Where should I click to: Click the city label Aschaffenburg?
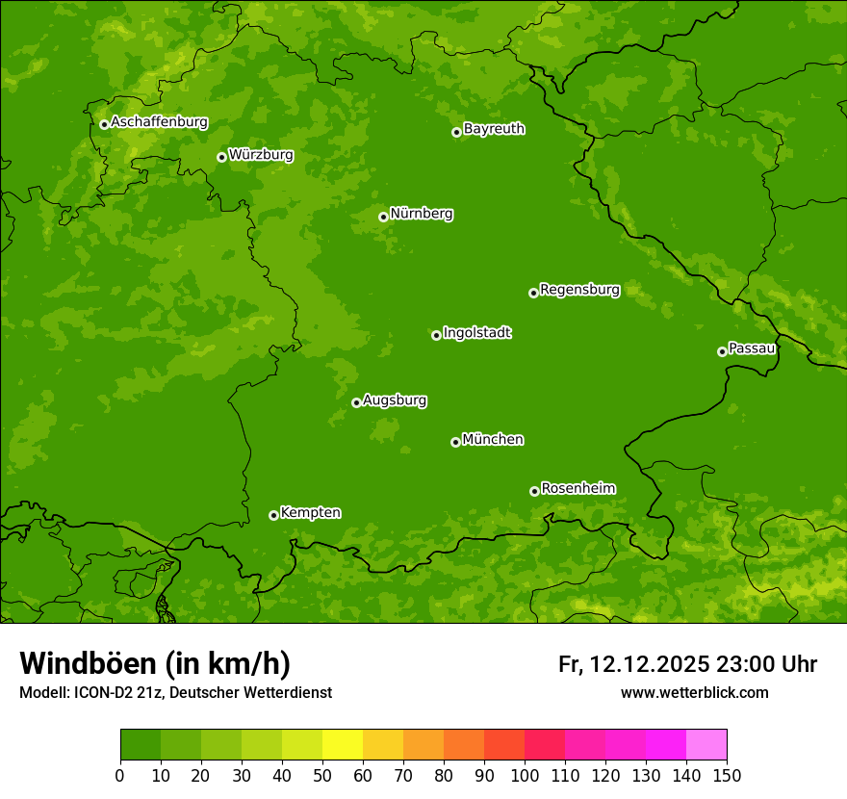point(159,122)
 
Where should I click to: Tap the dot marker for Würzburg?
point(221,157)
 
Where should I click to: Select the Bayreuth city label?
point(494,129)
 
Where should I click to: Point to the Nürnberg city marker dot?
point(383,217)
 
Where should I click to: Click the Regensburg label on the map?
point(579,290)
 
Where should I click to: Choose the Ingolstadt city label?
point(476,333)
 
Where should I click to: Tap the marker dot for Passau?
point(722,351)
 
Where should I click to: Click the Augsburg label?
point(395,400)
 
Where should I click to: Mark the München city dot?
point(455,442)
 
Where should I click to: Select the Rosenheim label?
point(577,488)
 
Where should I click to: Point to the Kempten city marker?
point(273,515)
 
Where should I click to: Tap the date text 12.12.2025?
point(650,664)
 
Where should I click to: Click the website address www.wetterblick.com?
point(694,692)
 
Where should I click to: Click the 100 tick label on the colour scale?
point(525,775)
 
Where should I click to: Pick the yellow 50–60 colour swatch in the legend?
point(343,745)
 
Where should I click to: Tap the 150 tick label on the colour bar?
point(727,775)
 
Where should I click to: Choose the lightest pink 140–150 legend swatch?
point(706,745)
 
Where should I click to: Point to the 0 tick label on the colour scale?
point(120,775)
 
